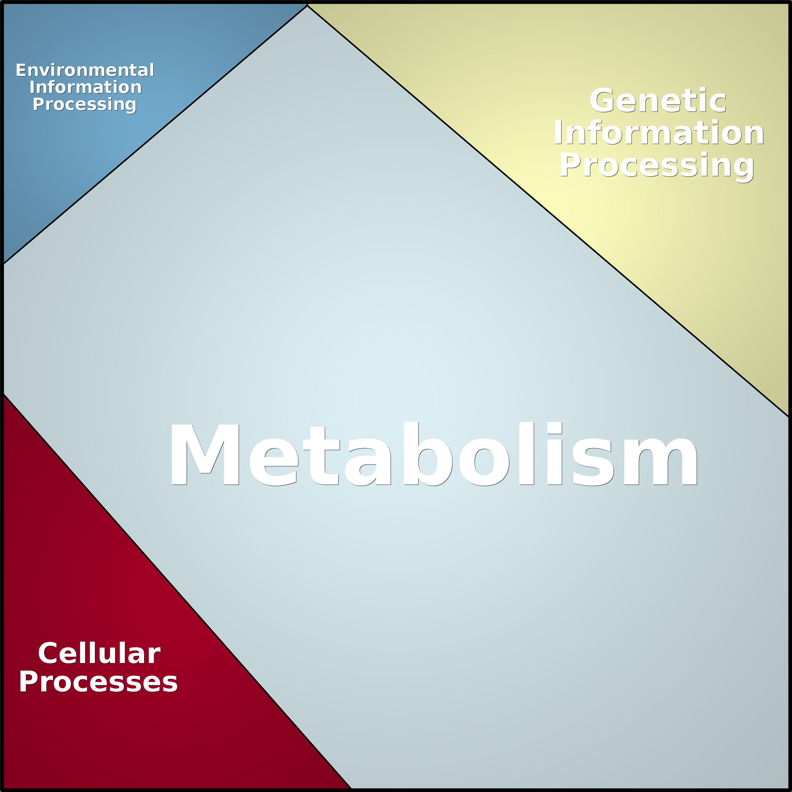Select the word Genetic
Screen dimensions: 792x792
tap(658, 101)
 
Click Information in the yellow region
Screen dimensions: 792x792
tap(659, 133)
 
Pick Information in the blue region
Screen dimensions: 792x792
tap(85, 87)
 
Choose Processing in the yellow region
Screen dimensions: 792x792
tap(657, 166)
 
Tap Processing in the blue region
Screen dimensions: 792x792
tap(84, 105)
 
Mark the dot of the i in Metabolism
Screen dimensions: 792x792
tap(554, 428)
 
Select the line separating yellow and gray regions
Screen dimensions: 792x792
tap(549, 211)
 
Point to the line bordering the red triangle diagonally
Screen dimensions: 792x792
tap(176, 590)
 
